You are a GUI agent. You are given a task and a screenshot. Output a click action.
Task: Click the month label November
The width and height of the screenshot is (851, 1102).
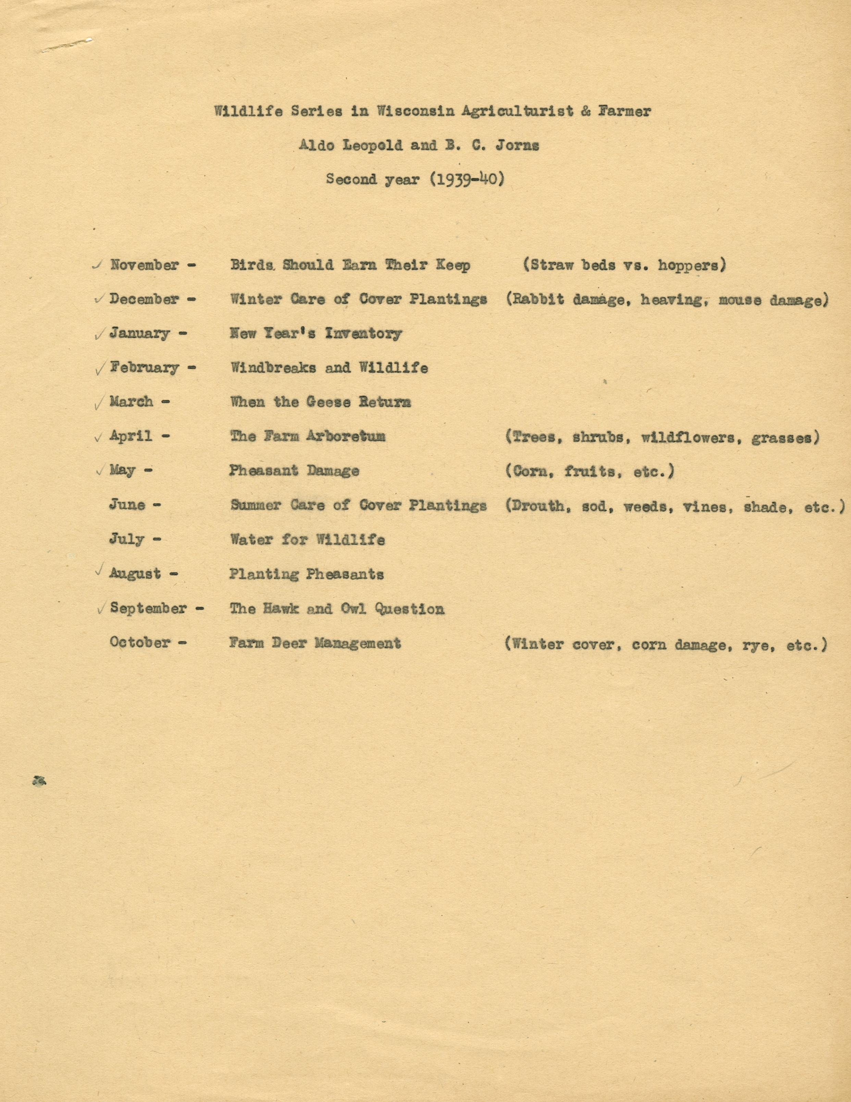[x=145, y=265]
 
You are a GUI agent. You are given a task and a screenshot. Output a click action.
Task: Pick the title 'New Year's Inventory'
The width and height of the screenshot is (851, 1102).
[x=316, y=333]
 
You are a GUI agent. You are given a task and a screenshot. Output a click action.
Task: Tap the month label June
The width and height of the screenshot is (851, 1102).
[x=127, y=505]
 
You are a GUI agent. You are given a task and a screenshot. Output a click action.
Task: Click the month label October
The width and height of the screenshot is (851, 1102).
[x=140, y=643]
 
